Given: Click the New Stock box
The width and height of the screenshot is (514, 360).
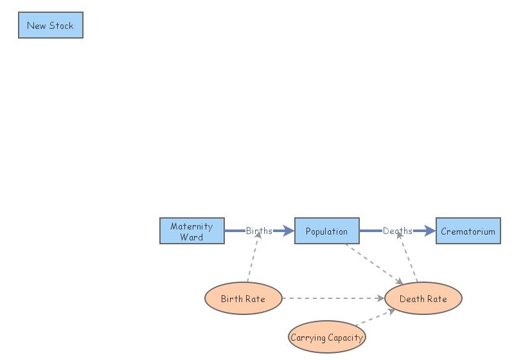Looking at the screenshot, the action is (51, 25).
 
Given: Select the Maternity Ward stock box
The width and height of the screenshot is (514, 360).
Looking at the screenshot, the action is (192, 231).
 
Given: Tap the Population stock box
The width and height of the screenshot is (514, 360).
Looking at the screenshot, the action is (327, 231).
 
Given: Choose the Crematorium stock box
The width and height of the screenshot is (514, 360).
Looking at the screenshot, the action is (468, 231).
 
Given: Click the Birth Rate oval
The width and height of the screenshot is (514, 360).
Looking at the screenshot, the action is (244, 298).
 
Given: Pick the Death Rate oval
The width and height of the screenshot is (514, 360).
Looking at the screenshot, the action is (423, 298).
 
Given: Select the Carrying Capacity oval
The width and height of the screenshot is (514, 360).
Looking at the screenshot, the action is (327, 337).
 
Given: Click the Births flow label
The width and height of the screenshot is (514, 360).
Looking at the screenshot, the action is (259, 231).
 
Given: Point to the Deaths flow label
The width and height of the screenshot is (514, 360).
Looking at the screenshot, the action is (398, 231).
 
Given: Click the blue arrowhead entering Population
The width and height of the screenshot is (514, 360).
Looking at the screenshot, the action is (289, 231).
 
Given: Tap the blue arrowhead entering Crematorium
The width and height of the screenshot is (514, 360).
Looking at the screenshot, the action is (430, 231).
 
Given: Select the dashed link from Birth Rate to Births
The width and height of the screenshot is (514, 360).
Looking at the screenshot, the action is (254, 256).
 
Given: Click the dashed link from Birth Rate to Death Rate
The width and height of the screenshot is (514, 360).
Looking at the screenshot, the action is (333, 298).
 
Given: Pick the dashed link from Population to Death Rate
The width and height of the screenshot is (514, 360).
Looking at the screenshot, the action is (374, 264).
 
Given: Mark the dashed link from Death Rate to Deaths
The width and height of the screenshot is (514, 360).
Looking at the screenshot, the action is (407, 257).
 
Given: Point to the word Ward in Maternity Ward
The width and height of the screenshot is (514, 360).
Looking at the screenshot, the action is (191, 237).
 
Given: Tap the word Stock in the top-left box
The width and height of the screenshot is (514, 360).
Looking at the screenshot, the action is (61, 26).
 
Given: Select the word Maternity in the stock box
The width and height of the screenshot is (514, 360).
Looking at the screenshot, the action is (191, 226).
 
